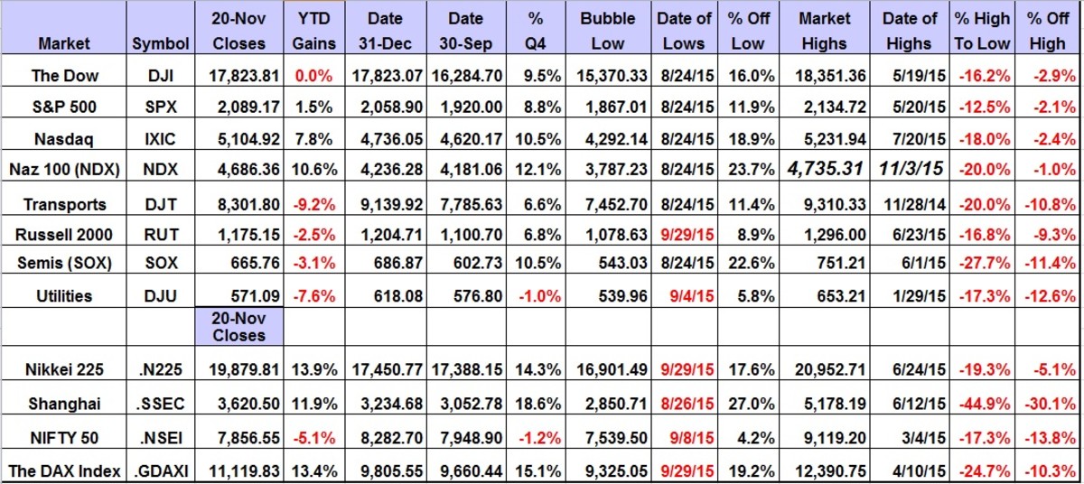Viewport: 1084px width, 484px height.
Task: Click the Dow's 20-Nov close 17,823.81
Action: pyautogui.click(x=239, y=76)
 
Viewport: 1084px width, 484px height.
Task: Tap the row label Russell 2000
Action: pyautogui.click(x=63, y=235)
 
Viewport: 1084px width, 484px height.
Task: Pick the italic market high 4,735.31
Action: pyautogui.click(x=825, y=168)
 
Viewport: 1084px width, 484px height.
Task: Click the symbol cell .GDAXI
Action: pyautogui.click(x=160, y=470)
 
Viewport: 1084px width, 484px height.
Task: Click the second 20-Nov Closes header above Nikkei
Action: pyautogui.click(x=239, y=326)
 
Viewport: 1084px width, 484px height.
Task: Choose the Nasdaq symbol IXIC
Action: pyautogui.click(x=160, y=137)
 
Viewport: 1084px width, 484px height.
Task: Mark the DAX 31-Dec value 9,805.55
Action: pyautogui.click(x=391, y=470)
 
